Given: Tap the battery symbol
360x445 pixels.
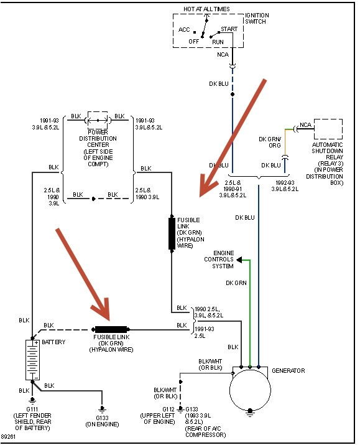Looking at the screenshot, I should click(x=32, y=360).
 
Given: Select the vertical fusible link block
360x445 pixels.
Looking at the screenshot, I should click(x=172, y=233).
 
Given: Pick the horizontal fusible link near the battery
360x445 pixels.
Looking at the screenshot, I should click(x=111, y=329).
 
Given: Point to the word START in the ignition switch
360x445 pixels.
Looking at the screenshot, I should click(x=228, y=29).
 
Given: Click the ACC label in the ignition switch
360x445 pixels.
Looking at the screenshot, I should click(x=184, y=30).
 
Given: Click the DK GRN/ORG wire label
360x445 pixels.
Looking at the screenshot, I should click(x=270, y=142).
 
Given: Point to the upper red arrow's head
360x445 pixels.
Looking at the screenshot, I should click(x=203, y=193).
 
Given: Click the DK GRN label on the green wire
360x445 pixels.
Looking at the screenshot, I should click(x=236, y=283).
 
